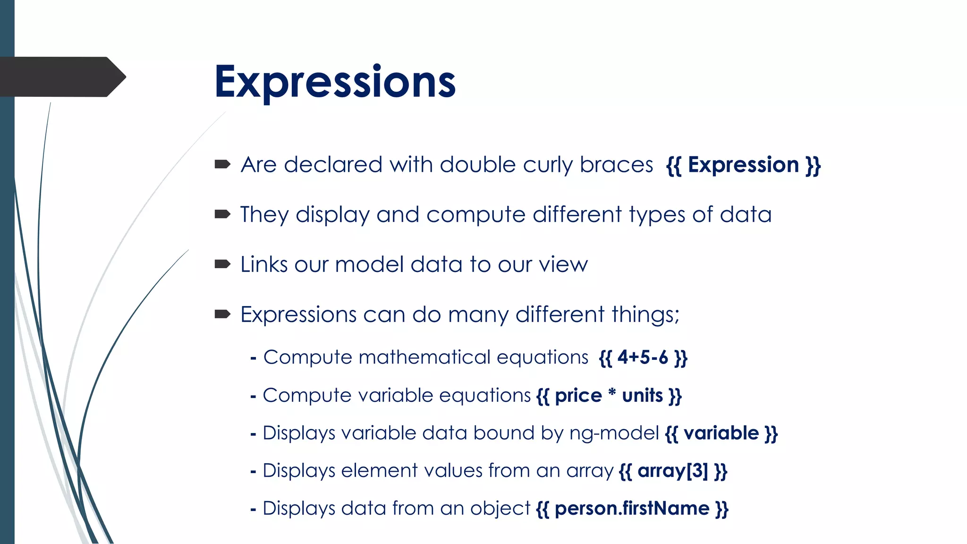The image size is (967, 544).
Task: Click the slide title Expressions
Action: point(335,82)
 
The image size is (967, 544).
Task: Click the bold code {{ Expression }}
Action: point(743,165)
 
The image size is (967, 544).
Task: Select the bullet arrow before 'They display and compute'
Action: point(222,214)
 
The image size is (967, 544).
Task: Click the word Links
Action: point(264,264)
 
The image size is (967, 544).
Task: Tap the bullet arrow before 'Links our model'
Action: point(222,264)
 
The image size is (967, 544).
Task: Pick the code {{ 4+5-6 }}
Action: point(643,357)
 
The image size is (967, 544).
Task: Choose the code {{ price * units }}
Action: point(609,396)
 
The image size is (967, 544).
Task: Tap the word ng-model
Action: point(614,433)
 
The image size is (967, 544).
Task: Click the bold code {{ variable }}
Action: point(721,433)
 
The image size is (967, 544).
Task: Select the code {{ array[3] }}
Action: point(673,471)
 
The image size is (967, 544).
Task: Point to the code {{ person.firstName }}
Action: point(632,509)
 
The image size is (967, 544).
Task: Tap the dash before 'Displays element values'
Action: point(254,472)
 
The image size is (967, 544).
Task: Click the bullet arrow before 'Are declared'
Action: point(222,164)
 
